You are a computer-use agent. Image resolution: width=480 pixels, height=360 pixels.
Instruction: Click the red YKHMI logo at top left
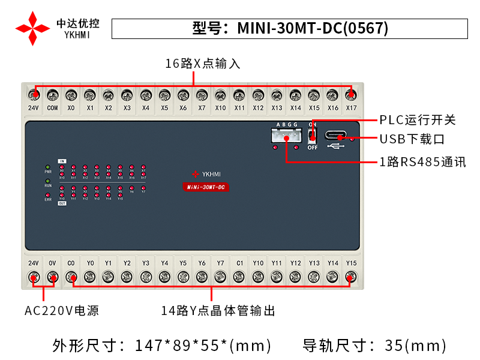[x=32, y=28]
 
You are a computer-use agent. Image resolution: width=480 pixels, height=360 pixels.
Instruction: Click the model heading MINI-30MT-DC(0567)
[x=290, y=28]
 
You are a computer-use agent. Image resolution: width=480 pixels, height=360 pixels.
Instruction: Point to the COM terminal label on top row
[x=52, y=108]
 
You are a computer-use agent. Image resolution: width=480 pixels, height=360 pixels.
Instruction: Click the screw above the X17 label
[x=351, y=95]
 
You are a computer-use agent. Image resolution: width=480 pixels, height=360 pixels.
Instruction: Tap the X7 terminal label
[x=202, y=108]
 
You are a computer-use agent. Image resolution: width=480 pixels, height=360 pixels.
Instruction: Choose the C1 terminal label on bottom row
[x=239, y=263]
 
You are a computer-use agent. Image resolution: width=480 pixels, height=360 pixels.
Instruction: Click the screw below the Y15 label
[x=351, y=277]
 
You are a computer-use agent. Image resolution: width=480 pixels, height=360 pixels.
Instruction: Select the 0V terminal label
[x=52, y=263]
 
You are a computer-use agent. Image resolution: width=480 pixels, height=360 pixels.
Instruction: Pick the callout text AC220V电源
[x=62, y=311]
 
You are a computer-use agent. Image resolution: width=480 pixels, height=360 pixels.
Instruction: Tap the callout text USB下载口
[x=412, y=139]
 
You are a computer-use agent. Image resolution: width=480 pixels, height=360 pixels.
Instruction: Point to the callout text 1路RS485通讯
[x=422, y=161]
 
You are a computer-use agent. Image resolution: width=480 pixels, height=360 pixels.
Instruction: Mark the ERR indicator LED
[x=48, y=194]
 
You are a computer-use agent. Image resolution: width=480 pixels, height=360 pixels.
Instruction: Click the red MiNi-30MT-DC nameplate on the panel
[x=206, y=188]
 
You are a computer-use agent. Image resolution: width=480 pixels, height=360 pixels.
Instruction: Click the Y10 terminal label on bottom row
[x=258, y=263]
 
